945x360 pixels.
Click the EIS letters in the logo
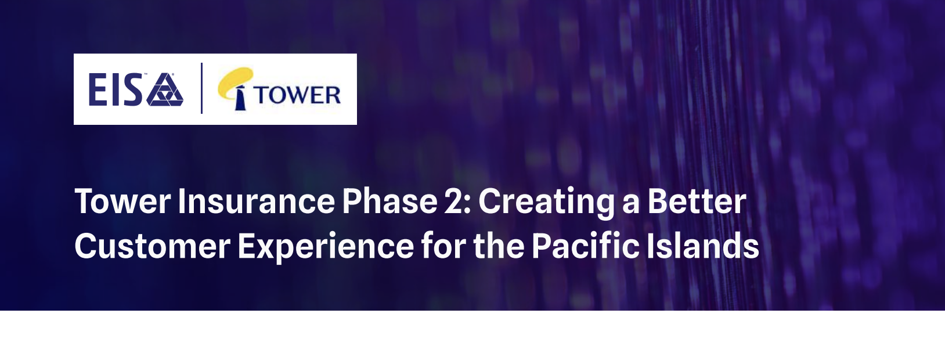point(115,91)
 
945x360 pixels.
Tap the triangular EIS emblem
point(165,91)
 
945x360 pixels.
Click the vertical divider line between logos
point(201,88)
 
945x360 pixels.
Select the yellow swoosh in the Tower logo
point(236,81)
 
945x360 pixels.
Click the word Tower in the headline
point(122,201)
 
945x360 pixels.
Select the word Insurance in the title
point(256,201)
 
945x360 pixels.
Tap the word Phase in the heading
point(389,201)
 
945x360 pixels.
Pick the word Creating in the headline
point(546,201)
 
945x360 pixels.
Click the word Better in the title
point(697,201)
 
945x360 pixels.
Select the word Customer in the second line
point(152,246)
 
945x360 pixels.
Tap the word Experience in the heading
point(325,246)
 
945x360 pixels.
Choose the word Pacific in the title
point(585,246)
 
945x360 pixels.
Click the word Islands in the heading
point(703,246)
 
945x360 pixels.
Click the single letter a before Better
point(631,204)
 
